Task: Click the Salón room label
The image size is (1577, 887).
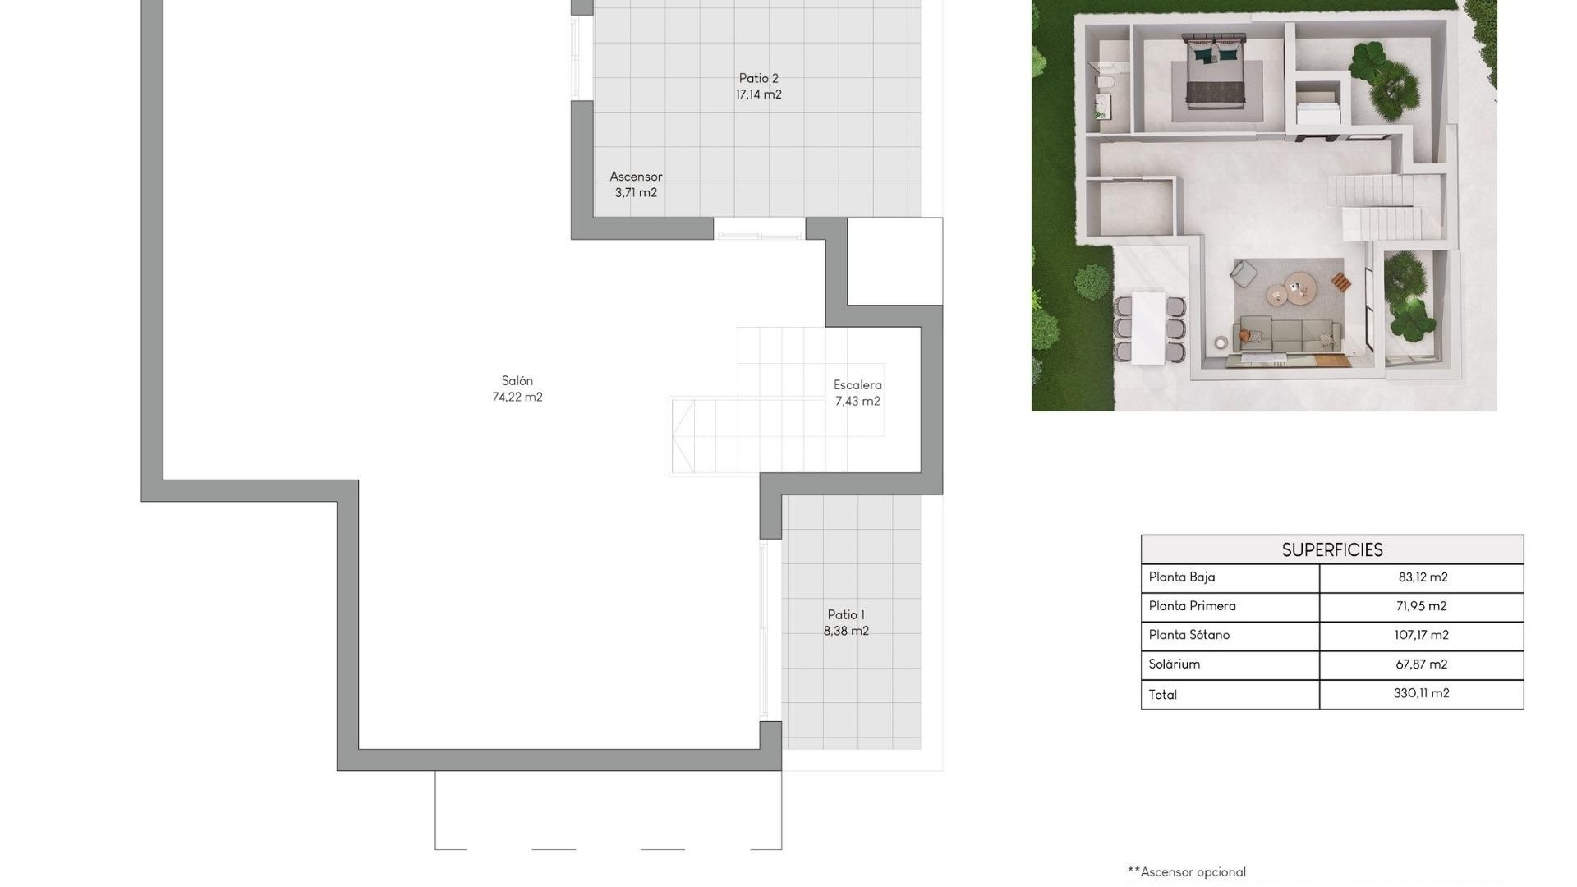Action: tap(517, 381)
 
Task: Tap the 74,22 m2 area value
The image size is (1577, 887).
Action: tap(517, 398)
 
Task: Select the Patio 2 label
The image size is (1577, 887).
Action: tap(758, 79)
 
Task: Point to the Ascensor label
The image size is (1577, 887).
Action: tap(636, 177)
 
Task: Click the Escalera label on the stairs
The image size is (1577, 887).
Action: tap(857, 385)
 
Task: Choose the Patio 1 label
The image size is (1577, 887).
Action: tap(846, 615)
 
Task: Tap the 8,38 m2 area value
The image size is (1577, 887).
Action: tap(846, 632)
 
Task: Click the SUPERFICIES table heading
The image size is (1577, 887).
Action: tap(1331, 550)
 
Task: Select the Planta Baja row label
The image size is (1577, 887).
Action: tap(1181, 577)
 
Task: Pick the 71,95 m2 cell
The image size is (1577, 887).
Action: tap(1421, 606)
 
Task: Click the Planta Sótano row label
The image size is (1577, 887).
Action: tap(1188, 635)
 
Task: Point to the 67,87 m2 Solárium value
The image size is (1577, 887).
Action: tap(1421, 664)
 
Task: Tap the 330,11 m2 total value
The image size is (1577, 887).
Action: tap(1421, 693)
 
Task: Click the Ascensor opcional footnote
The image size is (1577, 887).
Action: tap(1187, 872)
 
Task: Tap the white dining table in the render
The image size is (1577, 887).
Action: tap(1148, 327)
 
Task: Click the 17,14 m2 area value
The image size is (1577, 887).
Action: tap(758, 95)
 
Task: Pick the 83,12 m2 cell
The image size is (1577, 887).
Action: tap(1423, 577)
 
